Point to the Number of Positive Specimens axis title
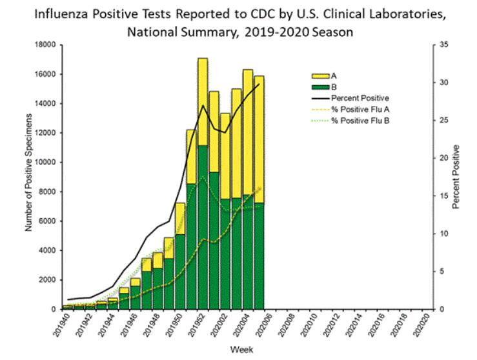pos(29,173)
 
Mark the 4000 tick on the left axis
pos(47,250)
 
